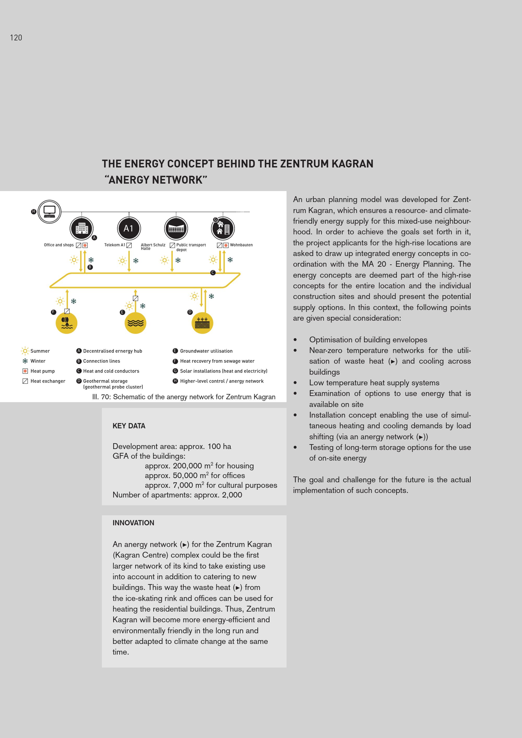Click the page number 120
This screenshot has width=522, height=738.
(x=16, y=38)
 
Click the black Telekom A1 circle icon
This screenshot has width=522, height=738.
(x=129, y=228)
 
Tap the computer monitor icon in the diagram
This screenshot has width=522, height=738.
(x=50, y=211)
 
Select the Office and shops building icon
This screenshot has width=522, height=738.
(x=82, y=229)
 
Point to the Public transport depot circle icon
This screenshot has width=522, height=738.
(x=176, y=229)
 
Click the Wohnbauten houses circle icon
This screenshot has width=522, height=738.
(x=223, y=229)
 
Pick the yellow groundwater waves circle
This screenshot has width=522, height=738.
(x=135, y=323)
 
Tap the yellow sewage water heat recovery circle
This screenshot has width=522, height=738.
(x=67, y=323)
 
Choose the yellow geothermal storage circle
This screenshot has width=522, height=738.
(x=202, y=323)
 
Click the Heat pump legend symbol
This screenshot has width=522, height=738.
(x=25, y=371)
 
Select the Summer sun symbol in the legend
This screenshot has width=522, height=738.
(x=25, y=351)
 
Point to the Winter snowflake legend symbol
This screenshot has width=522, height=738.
(x=25, y=361)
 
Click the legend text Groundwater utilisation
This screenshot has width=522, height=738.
(x=206, y=351)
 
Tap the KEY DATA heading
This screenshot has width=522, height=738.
(x=129, y=426)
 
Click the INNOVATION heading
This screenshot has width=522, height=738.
(x=133, y=523)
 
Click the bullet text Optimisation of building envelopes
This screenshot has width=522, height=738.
(x=368, y=340)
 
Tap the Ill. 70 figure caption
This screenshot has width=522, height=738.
(x=183, y=397)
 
